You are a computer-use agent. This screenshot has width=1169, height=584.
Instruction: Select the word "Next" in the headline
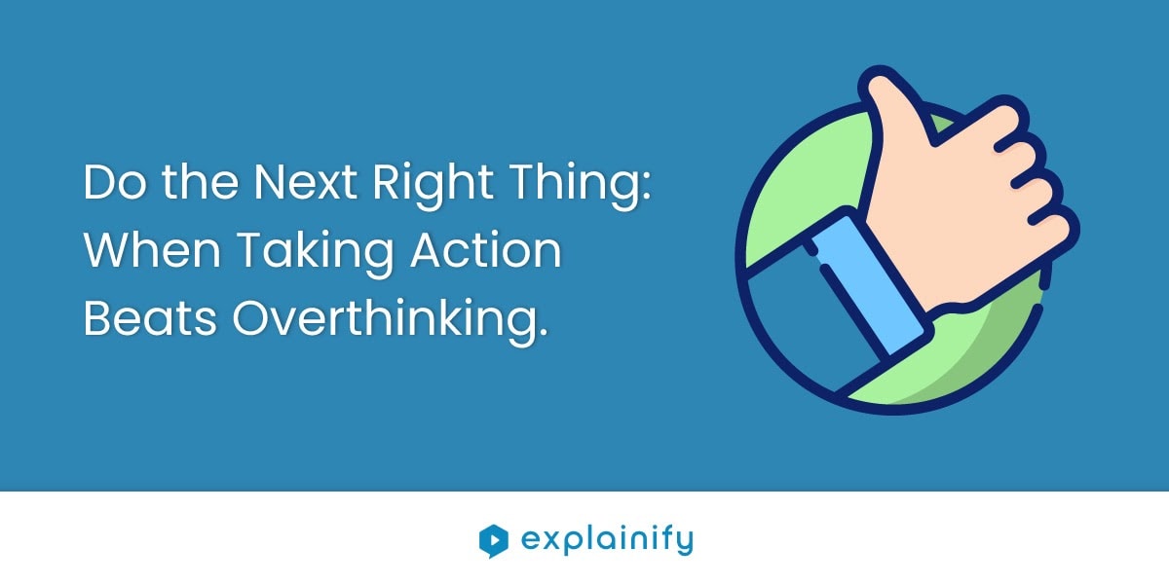[x=305, y=182]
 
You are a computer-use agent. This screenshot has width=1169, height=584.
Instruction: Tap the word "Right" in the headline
[x=433, y=187]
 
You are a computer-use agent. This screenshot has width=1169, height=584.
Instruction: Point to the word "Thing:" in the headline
[x=581, y=187]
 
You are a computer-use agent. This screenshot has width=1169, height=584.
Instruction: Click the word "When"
[x=152, y=250]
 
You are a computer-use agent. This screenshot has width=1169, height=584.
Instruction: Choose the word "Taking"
[x=315, y=254]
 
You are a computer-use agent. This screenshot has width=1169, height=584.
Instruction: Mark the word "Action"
[x=486, y=250]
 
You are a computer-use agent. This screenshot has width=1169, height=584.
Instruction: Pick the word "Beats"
[x=150, y=317]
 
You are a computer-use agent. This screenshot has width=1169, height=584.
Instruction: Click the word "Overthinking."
[x=391, y=322]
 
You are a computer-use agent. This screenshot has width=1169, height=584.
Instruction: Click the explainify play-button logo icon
[x=493, y=541]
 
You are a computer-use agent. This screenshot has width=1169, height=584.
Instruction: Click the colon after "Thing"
[x=647, y=187]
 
